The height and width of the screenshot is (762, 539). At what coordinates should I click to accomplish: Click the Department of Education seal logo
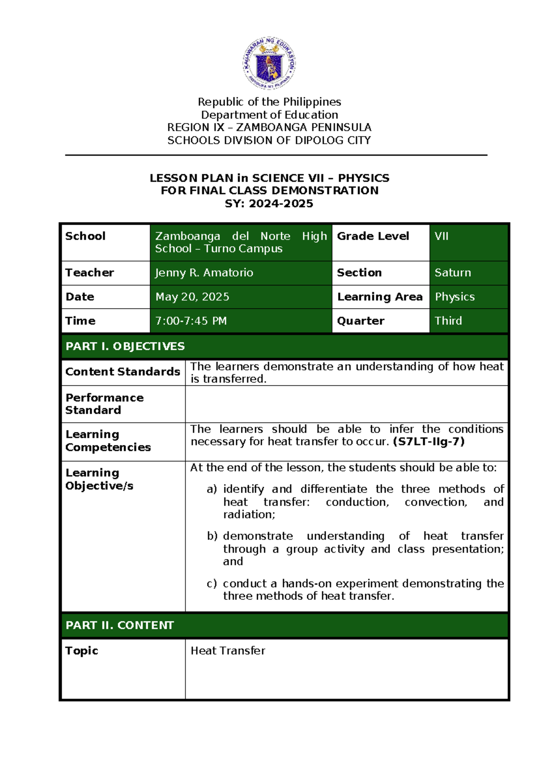[x=269, y=63]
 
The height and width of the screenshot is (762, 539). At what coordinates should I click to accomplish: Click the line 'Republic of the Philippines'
[x=269, y=102]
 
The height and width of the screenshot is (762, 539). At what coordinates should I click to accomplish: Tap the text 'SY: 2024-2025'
[x=269, y=204]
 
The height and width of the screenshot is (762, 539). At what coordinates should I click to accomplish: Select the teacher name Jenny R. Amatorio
[x=204, y=273]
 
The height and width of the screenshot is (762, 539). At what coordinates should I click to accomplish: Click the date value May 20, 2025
[x=192, y=297]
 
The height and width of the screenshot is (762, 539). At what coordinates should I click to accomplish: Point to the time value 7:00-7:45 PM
[x=191, y=321]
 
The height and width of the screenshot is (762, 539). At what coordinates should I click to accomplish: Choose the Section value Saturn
[x=453, y=273]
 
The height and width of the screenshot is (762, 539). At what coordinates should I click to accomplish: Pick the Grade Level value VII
[x=442, y=236]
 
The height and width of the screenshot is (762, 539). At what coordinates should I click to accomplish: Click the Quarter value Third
[x=448, y=321]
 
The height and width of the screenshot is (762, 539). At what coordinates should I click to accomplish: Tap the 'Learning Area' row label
[x=380, y=297]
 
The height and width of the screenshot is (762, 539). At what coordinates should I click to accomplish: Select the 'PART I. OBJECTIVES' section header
[x=125, y=346]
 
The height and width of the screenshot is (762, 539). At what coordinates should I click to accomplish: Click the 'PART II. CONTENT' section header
[x=119, y=625]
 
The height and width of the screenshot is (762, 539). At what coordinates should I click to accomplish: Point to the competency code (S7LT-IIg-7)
[x=429, y=442]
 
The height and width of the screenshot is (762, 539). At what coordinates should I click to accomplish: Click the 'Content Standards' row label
[x=123, y=372]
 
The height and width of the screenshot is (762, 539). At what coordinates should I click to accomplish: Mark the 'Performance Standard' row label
[x=104, y=404]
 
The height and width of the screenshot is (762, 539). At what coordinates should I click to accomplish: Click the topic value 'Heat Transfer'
[x=228, y=651]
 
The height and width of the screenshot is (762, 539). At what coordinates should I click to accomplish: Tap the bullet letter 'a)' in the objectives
[x=212, y=489]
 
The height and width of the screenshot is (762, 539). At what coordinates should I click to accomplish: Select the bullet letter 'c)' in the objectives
[x=212, y=584]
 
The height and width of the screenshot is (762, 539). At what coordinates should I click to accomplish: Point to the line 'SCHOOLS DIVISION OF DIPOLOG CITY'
[x=269, y=141]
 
